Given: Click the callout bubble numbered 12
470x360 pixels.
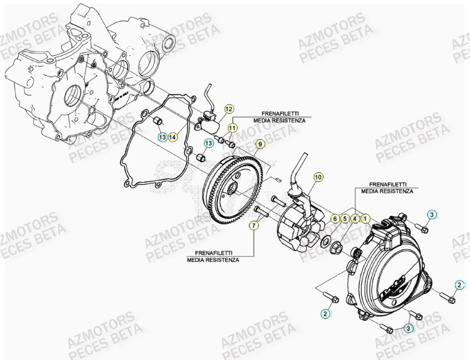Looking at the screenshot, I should coord(228,109).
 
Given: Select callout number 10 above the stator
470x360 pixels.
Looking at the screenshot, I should coord(318,177).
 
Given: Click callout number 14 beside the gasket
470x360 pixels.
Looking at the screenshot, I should coord(173,136).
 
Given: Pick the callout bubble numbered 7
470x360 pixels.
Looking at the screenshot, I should coord(254,225).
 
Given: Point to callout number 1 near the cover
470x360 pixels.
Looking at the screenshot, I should coord(366,219).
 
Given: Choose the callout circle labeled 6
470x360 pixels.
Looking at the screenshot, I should coord(334,219).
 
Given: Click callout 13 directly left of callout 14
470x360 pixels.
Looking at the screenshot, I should coord(162,136).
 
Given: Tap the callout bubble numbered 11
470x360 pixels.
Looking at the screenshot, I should coord(232,128).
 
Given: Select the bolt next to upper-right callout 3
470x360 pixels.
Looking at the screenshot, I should coord(422,226).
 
